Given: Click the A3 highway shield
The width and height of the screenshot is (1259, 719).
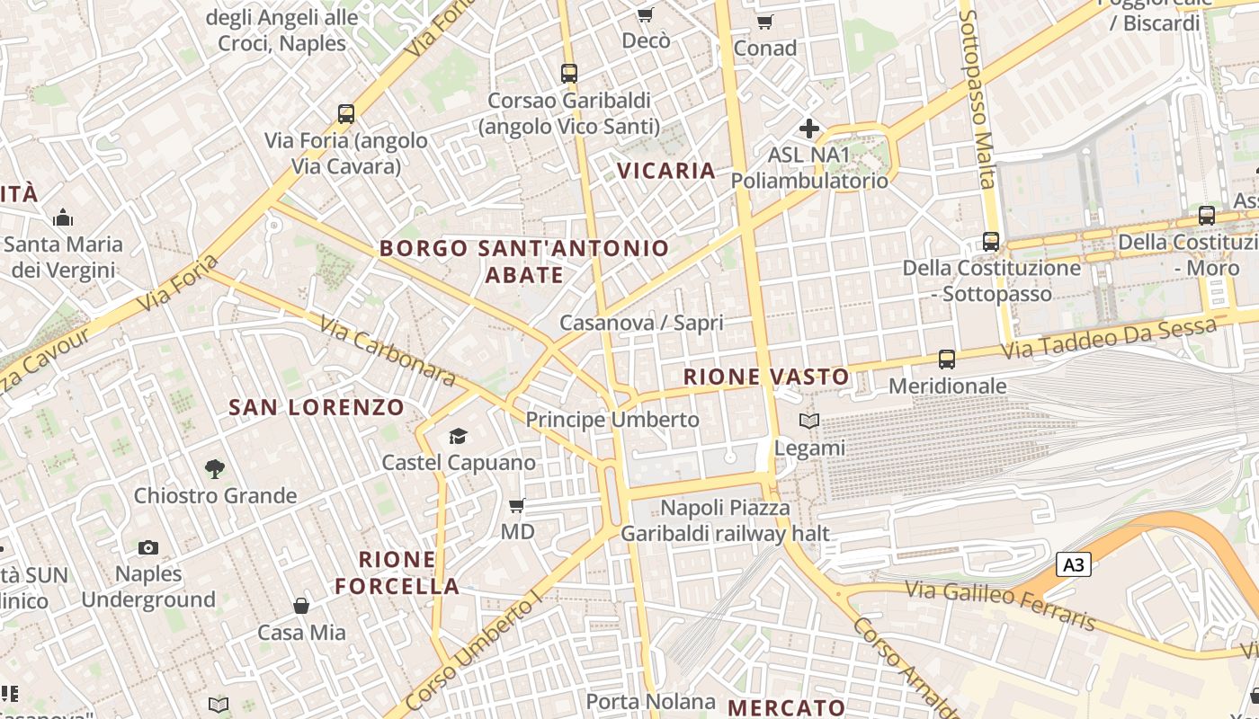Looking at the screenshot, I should [x=1074, y=564].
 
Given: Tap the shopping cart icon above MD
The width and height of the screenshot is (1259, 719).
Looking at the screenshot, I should [x=517, y=506].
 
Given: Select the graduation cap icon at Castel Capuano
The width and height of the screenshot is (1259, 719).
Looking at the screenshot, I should [x=459, y=437].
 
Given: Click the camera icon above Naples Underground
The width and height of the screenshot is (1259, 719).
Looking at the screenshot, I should [x=148, y=547].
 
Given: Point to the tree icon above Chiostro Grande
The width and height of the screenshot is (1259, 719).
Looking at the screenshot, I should [x=214, y=468].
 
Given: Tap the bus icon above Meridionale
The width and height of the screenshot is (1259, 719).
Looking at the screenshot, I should [x=947, y=359].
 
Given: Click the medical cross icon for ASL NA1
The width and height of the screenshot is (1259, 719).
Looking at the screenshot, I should [x=809, y=129].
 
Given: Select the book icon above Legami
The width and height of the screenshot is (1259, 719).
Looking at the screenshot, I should [x=809, y=421].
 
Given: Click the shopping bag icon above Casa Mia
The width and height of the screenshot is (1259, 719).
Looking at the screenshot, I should [x=301, y=606].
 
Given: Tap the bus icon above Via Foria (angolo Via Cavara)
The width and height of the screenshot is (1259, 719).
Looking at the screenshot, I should [x=346, y=114].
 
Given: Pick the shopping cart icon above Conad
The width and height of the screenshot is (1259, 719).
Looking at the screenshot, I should [x=764, y=22].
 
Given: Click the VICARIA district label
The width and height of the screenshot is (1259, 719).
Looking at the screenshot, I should [x=666, y=171].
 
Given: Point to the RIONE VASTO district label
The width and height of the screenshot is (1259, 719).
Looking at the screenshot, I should [x=766, y=377].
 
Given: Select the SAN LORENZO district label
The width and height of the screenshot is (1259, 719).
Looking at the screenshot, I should [x=317, y=407].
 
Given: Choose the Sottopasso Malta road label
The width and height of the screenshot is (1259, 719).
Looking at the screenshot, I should [x=978, y=99].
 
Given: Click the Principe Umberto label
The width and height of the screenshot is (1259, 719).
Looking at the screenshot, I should [x=612, y=420].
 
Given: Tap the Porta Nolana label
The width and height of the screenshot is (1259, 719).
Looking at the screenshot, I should [x=651, y=701].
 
